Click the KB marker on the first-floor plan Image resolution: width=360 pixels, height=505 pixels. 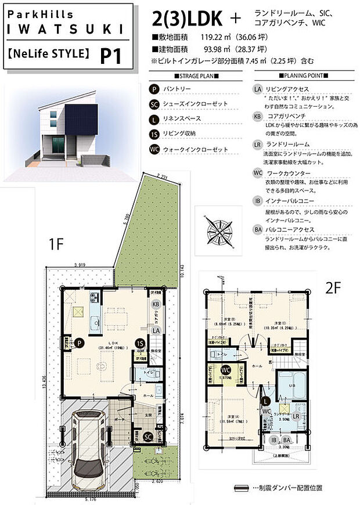tap(156, 304)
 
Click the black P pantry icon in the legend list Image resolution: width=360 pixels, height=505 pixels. tap(154, 90)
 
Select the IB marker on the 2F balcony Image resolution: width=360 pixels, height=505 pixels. tap(274, 441)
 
